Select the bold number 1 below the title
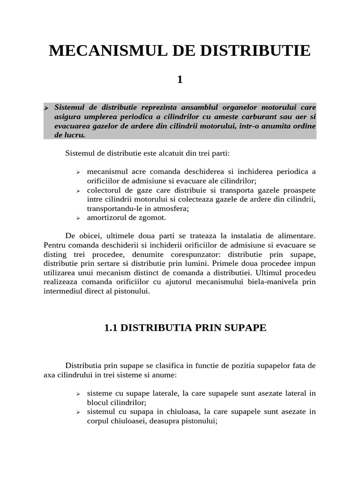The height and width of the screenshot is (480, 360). coord(180,80)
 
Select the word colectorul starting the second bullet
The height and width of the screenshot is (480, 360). coord(104,190)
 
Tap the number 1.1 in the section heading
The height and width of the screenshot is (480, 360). coord(111,328)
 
